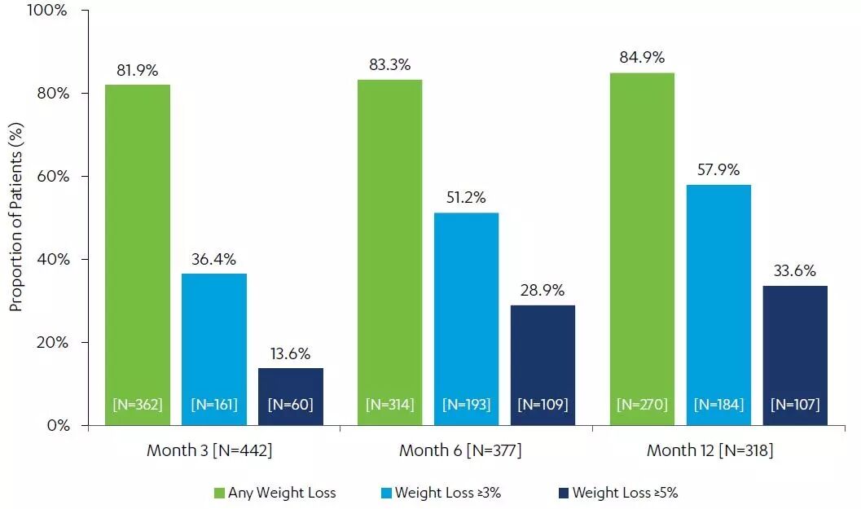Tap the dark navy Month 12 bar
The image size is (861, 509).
coord(795,350)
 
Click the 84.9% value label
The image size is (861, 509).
coord(642,58)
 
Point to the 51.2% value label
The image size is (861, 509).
coord(467,198)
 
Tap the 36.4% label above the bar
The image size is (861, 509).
coord(214,260)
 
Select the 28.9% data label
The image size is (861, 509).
coord(543,291)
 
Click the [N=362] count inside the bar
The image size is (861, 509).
coord(137,404)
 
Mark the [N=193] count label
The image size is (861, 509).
coord(467,404)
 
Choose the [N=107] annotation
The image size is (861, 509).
coord(795,404)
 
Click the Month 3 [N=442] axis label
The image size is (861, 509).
coord(209,450)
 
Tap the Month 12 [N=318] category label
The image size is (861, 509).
coord(709,450)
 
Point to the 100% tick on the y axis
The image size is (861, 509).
coord(49,11)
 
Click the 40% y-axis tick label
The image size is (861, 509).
coord(52,260)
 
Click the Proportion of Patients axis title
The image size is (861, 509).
coord(15,218)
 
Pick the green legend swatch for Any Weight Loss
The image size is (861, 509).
coord(219,493)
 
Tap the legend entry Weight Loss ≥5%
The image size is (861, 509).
coord(625,493)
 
